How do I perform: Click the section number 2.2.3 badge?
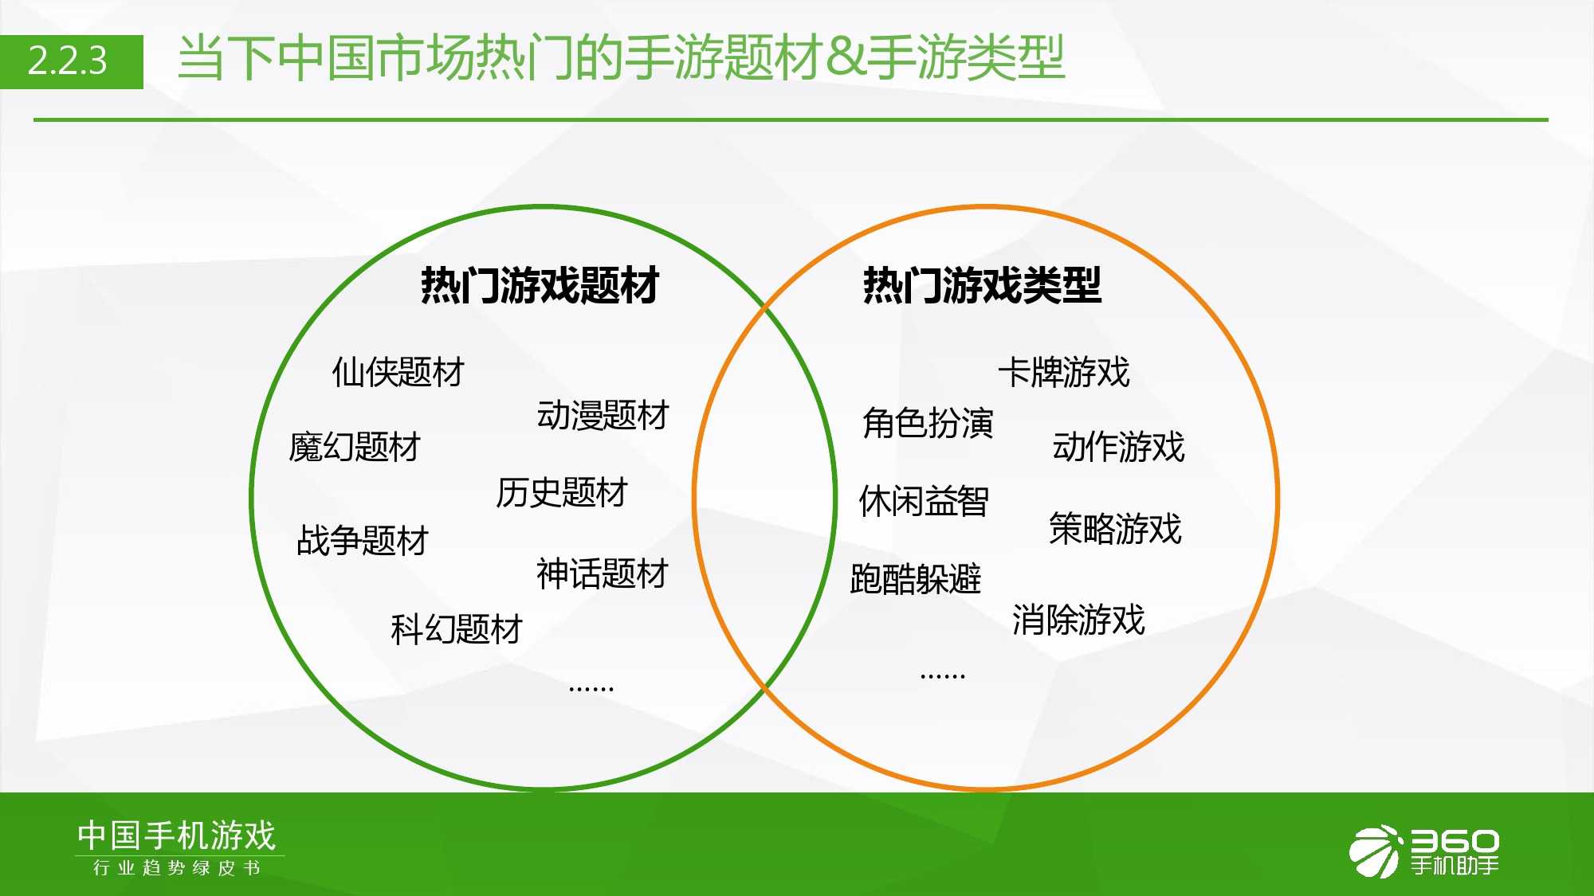(x=72, y=61)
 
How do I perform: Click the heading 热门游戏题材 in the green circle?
(x=540, y=285)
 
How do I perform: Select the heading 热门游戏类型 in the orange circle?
(x=982, y=285)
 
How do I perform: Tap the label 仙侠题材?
(x=398, y=372)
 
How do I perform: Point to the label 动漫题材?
(x=603, y=415)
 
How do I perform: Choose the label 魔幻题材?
(x=355, y=447)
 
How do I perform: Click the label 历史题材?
(x=562, y=492)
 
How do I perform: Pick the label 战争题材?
(x=363, y=540)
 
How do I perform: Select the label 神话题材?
(x=603, y=573)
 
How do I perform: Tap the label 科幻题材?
(x=457, y=629)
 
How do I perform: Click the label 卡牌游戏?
(x=1064, y=372)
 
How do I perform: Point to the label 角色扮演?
(x=928, y=423)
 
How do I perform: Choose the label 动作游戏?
(x=1119, y=447)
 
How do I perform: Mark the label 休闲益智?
(x=924, y=502)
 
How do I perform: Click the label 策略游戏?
(x=1115, y=529)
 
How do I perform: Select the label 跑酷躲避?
(x=916, y=579)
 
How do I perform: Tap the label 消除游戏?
(x=1078, y=620)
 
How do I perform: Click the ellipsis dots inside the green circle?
(x=591, y=688)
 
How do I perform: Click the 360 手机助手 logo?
(x=1424, y=851)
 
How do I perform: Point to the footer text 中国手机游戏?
(x=176, y=835)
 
